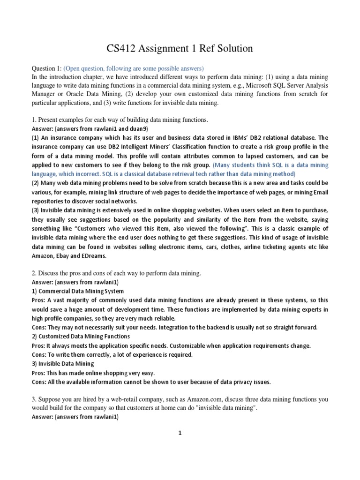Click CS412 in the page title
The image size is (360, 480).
coord(120,48)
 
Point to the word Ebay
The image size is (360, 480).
coord(60,256)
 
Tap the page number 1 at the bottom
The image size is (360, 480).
coord(180,434)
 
